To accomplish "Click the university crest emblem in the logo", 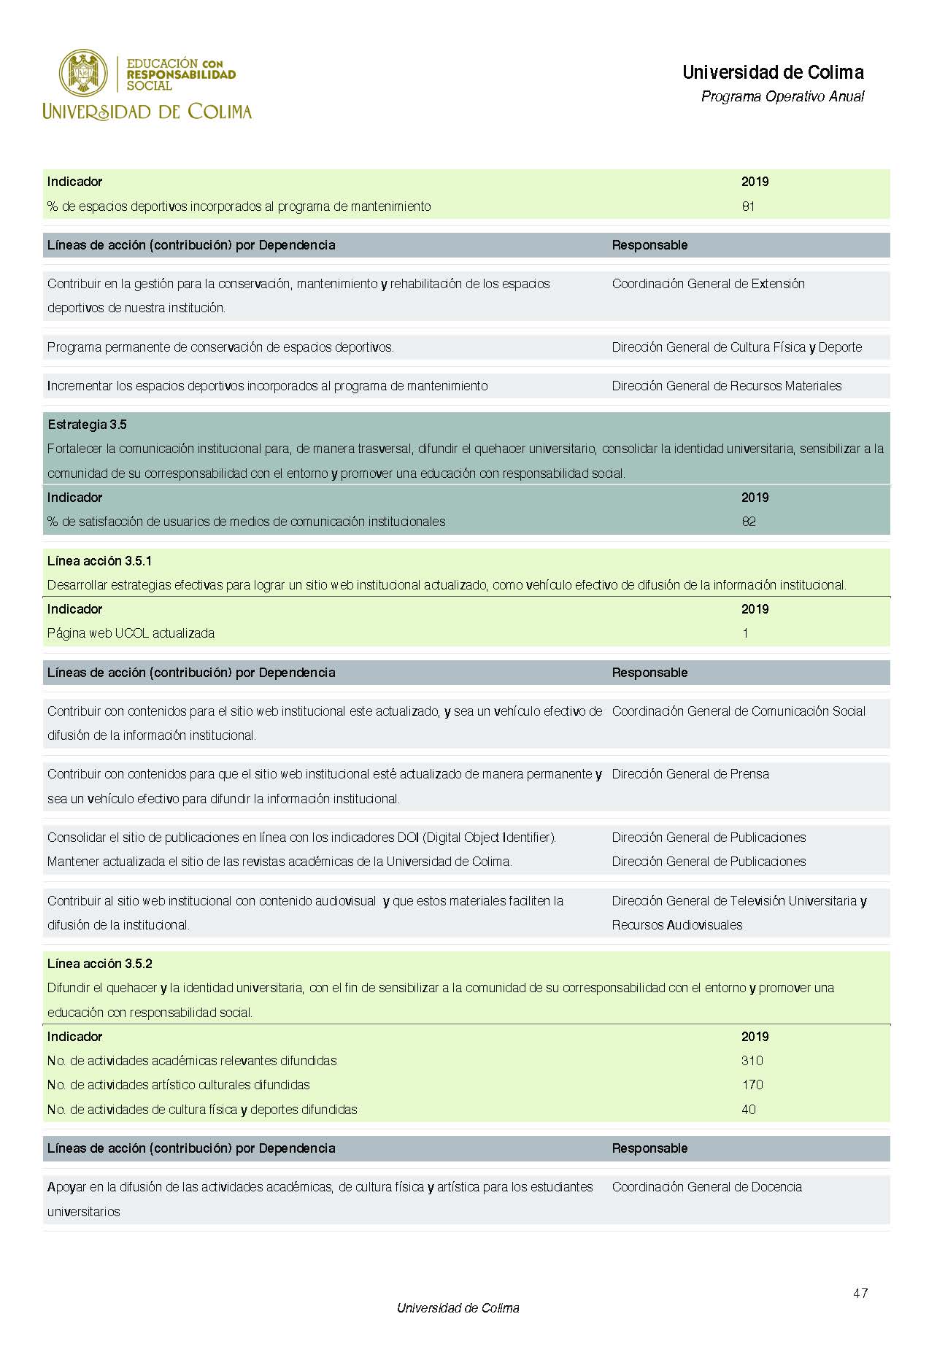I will [x=83, y=73].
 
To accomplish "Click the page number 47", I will [x=860, y=1293].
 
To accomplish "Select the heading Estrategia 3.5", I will [x=87, y=425].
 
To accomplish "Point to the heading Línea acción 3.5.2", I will [x=99, y=964].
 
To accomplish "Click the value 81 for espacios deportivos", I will [x=748, y=206].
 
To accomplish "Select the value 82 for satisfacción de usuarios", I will [x=749, y=522].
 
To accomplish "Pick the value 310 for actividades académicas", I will [x=752, y=1061].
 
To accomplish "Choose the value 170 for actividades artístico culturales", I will [x=752, y=1085].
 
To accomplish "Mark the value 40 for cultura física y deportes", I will [x=749, y=1110].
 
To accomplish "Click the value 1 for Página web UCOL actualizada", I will [x=745, y=633].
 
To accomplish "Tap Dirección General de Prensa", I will [x=690, y=774].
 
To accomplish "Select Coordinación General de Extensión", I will [x=708, y=284].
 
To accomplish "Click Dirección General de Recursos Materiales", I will [x=726, y=386].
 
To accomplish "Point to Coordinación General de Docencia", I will [x=706, y=1187].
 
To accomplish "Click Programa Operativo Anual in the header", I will [x=782, y=96].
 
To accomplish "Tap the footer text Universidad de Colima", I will [x=458, y=1308].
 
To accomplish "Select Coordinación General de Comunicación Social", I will [x=739, y=711].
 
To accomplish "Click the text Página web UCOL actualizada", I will [x=131, y=633].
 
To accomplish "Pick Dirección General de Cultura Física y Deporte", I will [x=736, y=347].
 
